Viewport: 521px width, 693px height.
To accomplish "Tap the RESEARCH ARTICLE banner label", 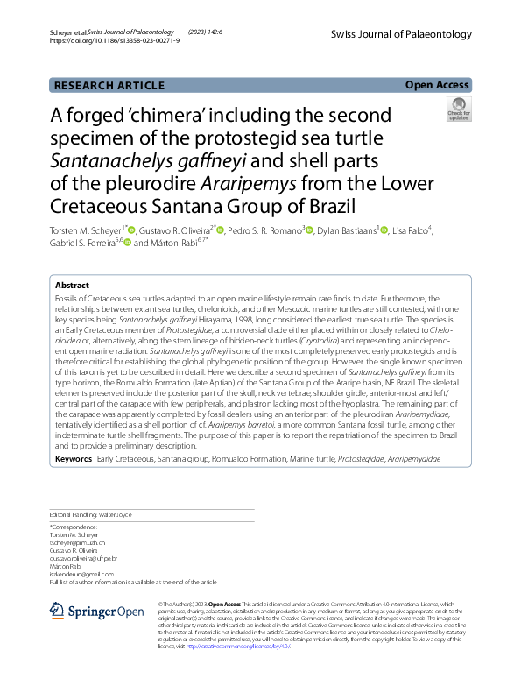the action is pyautogui.click(x=109, y=85).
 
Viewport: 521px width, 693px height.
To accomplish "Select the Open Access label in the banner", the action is pyautogui.click(x=437, y=85).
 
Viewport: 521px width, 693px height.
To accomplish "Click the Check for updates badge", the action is pyautogui.click(x=458, y=111).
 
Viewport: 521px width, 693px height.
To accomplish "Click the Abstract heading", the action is pyautogui.click(x=72, y=286).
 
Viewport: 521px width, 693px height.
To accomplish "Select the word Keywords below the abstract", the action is pyautogui.click(x=73, y=459).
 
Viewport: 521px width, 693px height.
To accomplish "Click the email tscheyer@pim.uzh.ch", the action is pyautogui.click(x=81, y=542).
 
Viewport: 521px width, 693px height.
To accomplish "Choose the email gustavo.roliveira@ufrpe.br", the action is pyautogui.click(x=90, y=557).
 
